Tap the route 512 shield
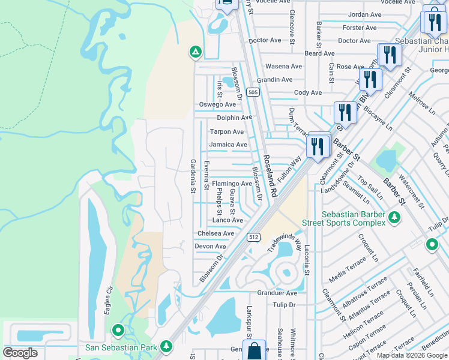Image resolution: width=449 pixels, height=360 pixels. [253, 238]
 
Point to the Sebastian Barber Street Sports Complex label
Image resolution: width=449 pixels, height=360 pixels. [354, 218]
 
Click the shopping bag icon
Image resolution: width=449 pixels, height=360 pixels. [255, 351]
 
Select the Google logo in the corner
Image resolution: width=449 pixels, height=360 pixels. [20, 353]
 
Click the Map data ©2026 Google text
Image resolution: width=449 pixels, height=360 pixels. [412, 355]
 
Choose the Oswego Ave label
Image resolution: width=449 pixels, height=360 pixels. [217, 104]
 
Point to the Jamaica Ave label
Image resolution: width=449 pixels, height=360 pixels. [228, 145]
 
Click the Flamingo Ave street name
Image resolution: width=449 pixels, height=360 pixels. [231, 184]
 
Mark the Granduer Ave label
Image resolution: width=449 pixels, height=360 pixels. [277, 293]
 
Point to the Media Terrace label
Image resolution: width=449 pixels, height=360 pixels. [348, 269]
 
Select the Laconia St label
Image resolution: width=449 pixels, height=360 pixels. [306, 259]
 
